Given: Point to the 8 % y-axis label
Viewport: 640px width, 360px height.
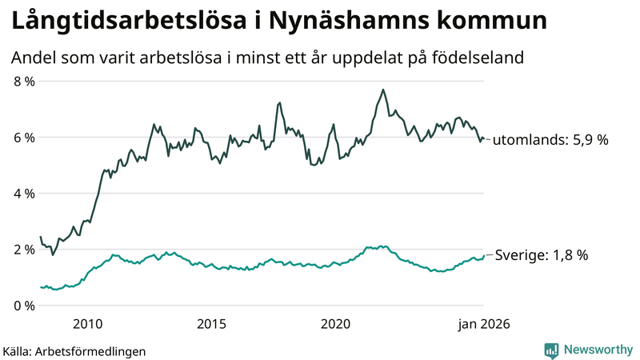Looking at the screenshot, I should (x=23, y=82).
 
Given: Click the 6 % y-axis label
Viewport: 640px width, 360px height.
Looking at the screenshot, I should (x=23, y=138).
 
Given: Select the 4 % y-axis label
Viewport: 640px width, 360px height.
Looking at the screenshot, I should (x=23, y=194).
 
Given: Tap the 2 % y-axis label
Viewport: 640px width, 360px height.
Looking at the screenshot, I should (x=23, y=250).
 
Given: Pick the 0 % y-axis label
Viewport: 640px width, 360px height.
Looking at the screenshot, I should (x=23, y=306).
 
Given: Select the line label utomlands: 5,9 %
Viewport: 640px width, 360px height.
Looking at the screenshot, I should (x=550, y=140).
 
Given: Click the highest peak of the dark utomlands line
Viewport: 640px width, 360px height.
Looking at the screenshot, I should (x=383, y=90).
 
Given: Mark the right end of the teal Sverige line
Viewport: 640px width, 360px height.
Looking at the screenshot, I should (x=484, y=255).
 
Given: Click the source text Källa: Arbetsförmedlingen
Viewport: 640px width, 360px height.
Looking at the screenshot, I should (x=74, y=350).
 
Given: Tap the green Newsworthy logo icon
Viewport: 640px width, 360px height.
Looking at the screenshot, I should (x=551, y=350).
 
